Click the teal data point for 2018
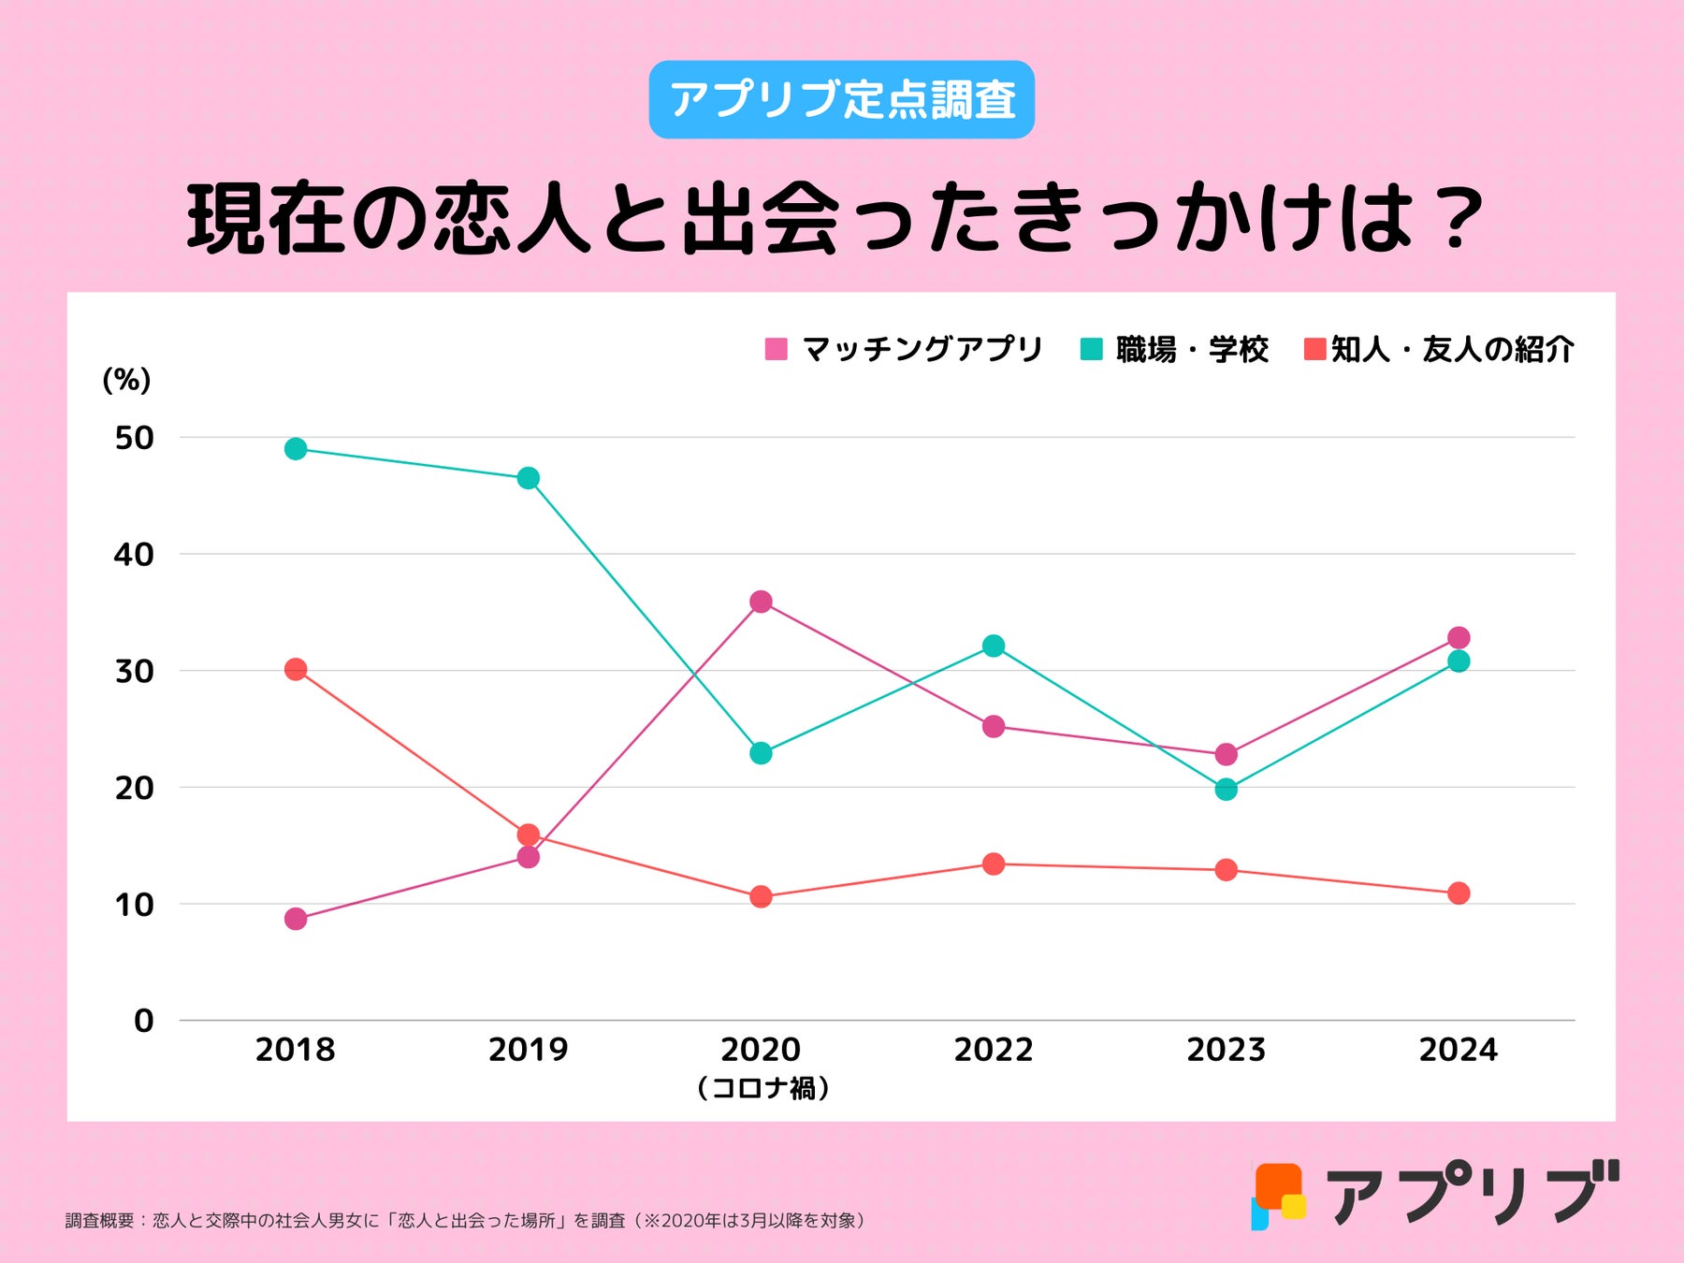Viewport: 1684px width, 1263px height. tap(296, 449)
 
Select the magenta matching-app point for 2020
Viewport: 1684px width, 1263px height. tap(761, 602)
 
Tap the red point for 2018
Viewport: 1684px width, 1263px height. tap(296, 670)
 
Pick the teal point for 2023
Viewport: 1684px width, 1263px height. tap(1226, 790)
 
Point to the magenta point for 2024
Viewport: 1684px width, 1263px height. tap(1459, 638)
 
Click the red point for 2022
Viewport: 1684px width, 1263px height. tap(994, 864)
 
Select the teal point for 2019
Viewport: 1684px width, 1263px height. tap(529, 478)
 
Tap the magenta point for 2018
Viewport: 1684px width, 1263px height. tap(296, 919)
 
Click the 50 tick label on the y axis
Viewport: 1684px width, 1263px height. tap(134, 438)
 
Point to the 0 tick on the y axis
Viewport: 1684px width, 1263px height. tap(143, 1021)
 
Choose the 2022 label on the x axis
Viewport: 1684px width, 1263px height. tap(994, 1050)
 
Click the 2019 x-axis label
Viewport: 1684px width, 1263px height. tap(529, 1050)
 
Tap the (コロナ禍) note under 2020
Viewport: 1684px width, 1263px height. tap(763, 1088)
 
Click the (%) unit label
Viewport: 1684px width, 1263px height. tap(126, 380)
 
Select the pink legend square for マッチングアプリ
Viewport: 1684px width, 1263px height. tap(777, 350)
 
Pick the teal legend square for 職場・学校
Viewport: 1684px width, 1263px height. tap(1091, 350)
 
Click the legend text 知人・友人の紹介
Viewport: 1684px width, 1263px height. tap(1452, 350)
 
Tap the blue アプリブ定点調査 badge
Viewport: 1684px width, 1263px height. tap(842, 100)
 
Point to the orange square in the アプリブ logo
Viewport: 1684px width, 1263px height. tap(1277, 1184)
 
